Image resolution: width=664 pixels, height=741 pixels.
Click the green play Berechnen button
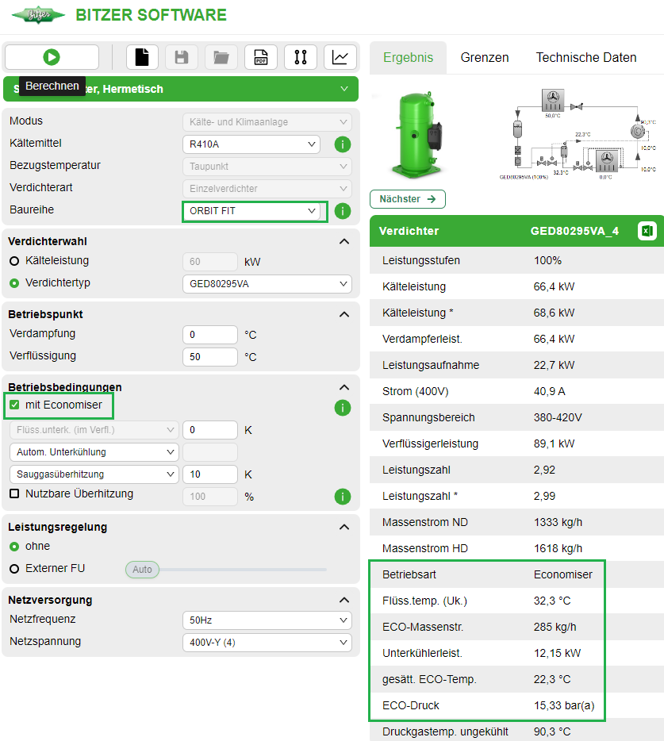(52, 57)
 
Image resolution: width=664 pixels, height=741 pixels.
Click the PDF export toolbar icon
(260, 57)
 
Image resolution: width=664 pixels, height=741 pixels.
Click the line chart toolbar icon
(340, 57)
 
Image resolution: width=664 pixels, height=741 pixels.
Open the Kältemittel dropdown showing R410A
(251, 144)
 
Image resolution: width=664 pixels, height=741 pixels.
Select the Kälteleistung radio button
(14, 261)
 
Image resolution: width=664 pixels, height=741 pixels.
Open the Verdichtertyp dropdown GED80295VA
(267, 284)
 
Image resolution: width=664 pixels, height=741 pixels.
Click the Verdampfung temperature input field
(209, 335)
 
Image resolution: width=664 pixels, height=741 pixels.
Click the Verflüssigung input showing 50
(209, 357)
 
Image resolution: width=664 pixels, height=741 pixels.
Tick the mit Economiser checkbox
(14, 405)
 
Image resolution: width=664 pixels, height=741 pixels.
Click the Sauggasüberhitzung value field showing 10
(209, 474)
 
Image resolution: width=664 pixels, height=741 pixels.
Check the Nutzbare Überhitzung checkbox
(14, 494)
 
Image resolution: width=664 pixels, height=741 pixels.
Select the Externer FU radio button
(14, 569)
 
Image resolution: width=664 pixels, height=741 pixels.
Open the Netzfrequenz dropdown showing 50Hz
(267, 620)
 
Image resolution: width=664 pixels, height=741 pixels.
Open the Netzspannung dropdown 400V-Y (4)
(267, 643)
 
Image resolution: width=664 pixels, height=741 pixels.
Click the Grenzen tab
(485, 57)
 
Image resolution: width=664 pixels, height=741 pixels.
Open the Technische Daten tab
(586, 57)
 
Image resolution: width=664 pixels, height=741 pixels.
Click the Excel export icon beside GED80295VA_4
(647, 231)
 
